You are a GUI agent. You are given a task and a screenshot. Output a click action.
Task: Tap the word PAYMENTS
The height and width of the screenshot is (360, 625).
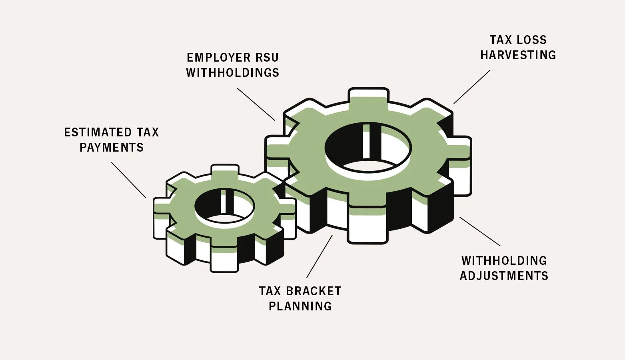[112, 148]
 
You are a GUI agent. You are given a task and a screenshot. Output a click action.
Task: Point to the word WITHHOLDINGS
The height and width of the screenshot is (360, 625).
[233, 73]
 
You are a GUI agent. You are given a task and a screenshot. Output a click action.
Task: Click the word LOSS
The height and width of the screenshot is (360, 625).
[531, 40]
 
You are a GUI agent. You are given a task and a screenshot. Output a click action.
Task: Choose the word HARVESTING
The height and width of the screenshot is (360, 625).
[518, 55]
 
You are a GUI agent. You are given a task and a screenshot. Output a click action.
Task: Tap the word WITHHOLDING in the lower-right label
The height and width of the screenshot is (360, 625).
[504, 261]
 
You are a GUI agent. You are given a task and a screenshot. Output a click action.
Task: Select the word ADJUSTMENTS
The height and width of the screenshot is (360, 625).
[504, 276]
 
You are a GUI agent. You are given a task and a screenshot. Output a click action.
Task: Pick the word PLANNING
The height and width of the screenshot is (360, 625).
[300, 306]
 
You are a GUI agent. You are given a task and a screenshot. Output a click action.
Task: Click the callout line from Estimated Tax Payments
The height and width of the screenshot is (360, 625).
[129, 180]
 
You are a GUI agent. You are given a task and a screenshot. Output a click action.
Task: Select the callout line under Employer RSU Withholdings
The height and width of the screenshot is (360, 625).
[256, 104]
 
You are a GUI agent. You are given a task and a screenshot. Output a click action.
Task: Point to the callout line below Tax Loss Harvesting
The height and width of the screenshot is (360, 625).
[472, 87]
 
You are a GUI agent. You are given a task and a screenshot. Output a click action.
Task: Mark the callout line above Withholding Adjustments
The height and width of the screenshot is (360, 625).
[480, 231]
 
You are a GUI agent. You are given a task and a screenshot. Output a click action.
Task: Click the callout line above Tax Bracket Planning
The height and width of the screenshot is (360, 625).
[319, 256]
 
